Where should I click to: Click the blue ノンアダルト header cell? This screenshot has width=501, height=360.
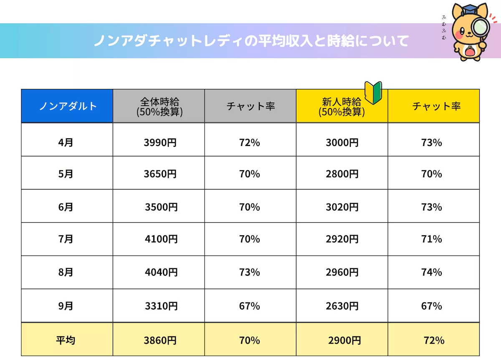point(67,106)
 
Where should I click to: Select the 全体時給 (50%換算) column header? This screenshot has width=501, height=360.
point(159,106)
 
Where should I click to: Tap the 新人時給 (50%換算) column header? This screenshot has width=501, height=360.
point(342,106)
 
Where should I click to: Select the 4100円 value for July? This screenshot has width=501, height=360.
point(161,239)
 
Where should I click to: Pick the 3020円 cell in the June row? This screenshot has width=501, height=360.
point(342,207)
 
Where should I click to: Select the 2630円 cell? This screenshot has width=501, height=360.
point(342,306)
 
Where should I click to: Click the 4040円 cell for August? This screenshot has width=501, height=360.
point(161,272)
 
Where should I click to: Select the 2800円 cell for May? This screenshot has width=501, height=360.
point(342,174)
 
